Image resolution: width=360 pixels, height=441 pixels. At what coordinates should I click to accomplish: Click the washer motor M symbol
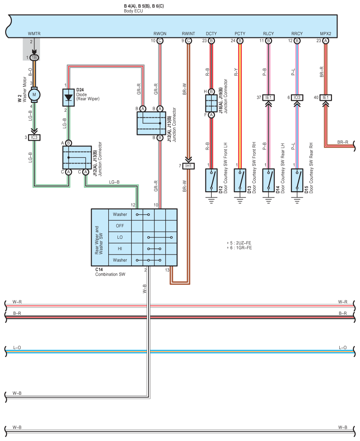[34, 95]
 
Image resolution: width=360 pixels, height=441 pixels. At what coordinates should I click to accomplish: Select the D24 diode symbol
[68, 98]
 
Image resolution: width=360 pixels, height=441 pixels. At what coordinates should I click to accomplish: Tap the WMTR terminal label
[34, 33]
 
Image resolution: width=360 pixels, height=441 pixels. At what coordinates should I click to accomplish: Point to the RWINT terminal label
[188, 33]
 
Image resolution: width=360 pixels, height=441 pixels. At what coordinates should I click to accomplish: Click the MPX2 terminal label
[326, 33]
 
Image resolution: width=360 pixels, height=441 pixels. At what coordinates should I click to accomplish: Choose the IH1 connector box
[188, 166]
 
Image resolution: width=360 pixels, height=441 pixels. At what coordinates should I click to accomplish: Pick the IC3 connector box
[34, 138]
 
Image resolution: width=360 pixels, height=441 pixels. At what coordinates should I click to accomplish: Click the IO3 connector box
[297, 98]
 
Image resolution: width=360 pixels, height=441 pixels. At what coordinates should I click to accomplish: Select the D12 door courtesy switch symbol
[211, 180]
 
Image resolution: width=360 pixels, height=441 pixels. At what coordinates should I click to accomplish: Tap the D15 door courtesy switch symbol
[297, 180]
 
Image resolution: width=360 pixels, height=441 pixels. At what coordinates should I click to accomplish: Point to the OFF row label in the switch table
[120, 226]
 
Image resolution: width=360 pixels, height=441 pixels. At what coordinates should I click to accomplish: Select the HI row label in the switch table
[120, 248]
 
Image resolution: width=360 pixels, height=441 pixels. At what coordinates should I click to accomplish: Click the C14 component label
[99, 270]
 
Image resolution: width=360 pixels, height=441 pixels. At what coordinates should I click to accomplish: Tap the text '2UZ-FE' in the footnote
[244, 243]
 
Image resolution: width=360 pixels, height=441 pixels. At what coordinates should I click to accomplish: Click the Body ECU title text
[133, 11]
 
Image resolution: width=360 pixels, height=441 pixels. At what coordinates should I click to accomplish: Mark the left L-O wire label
[17, 348]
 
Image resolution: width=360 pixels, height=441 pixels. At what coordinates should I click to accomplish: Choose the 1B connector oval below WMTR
[34, 58]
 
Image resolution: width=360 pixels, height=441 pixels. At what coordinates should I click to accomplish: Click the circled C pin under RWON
[160, 41]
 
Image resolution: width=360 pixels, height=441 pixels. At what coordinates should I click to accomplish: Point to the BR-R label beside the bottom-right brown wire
[342, 142]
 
